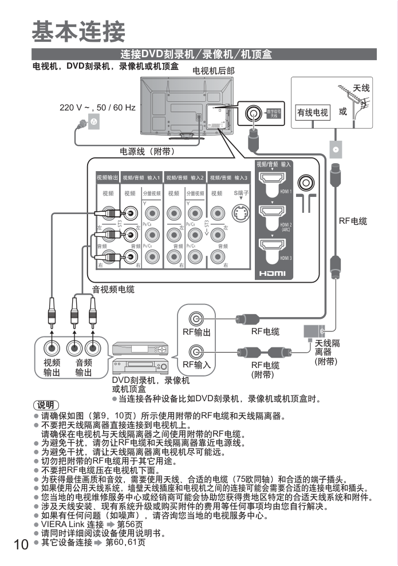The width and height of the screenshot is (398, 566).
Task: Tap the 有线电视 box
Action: [312, 113]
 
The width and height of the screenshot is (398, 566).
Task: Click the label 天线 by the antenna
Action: [361, 88]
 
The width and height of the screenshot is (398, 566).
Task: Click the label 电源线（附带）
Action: [147, 152]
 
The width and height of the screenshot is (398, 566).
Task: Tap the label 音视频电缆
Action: [113, 290]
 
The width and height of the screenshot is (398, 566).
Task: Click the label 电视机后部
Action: [213, 71]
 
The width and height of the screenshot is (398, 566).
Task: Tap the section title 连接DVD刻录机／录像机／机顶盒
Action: [196, 55]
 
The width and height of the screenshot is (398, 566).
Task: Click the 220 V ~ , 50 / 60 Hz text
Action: [97, 108]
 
